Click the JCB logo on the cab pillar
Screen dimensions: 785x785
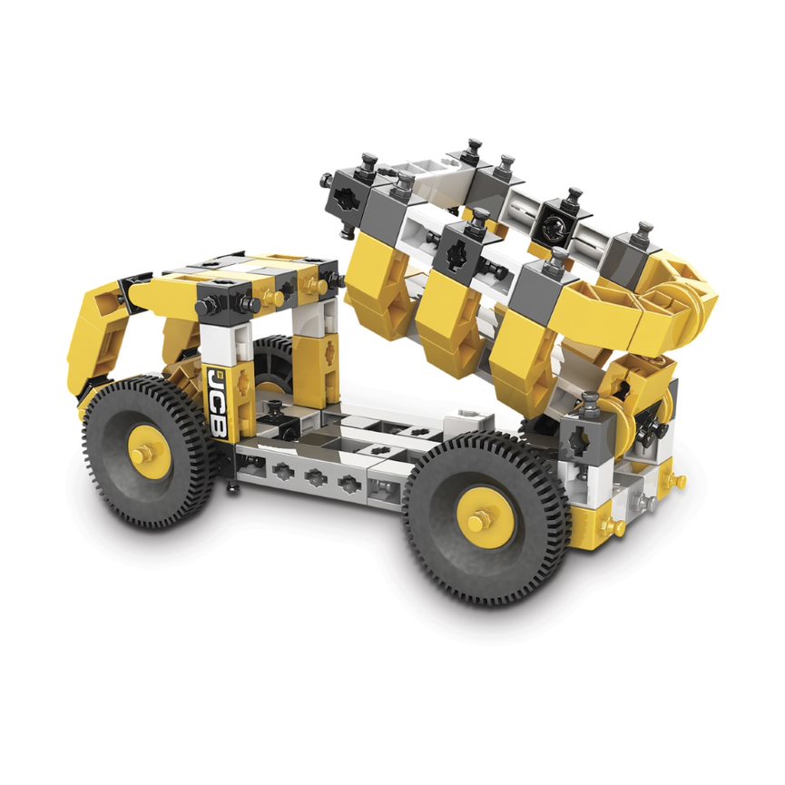[218, 404]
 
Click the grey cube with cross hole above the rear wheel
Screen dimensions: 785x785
[582, 438]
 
